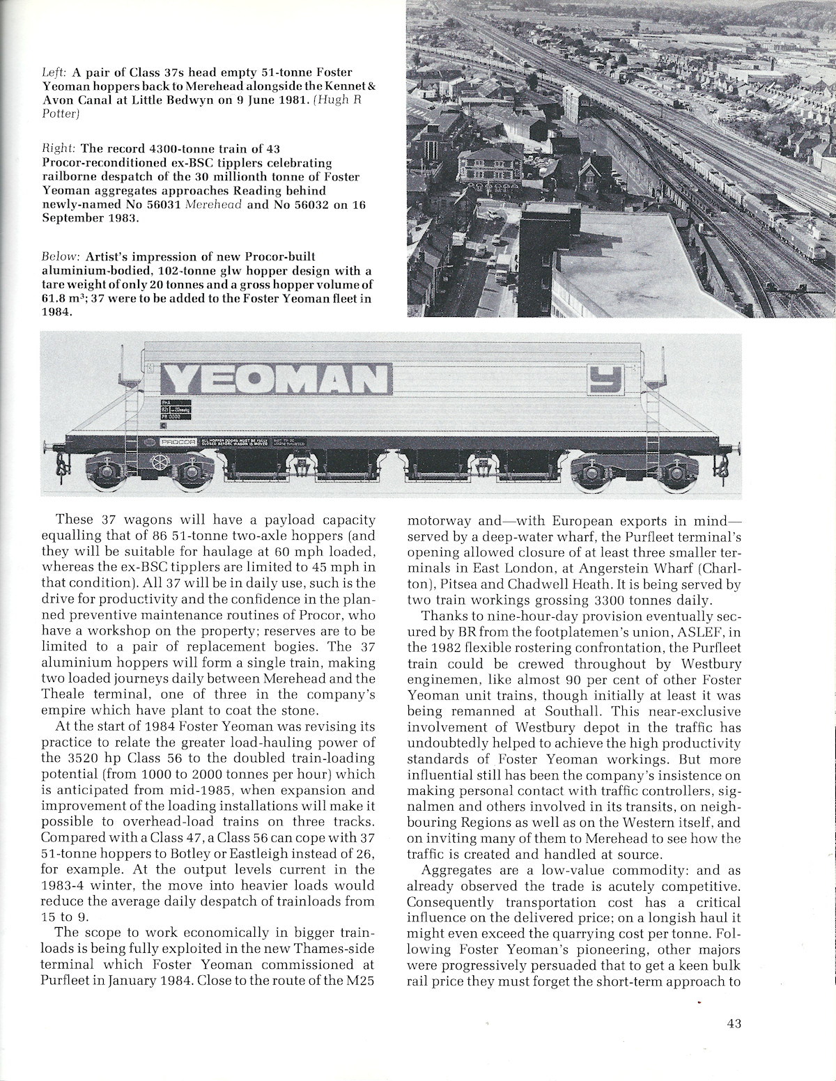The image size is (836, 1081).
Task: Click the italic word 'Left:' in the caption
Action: click(53, 72)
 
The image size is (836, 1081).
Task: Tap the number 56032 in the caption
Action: click(302, 205)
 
